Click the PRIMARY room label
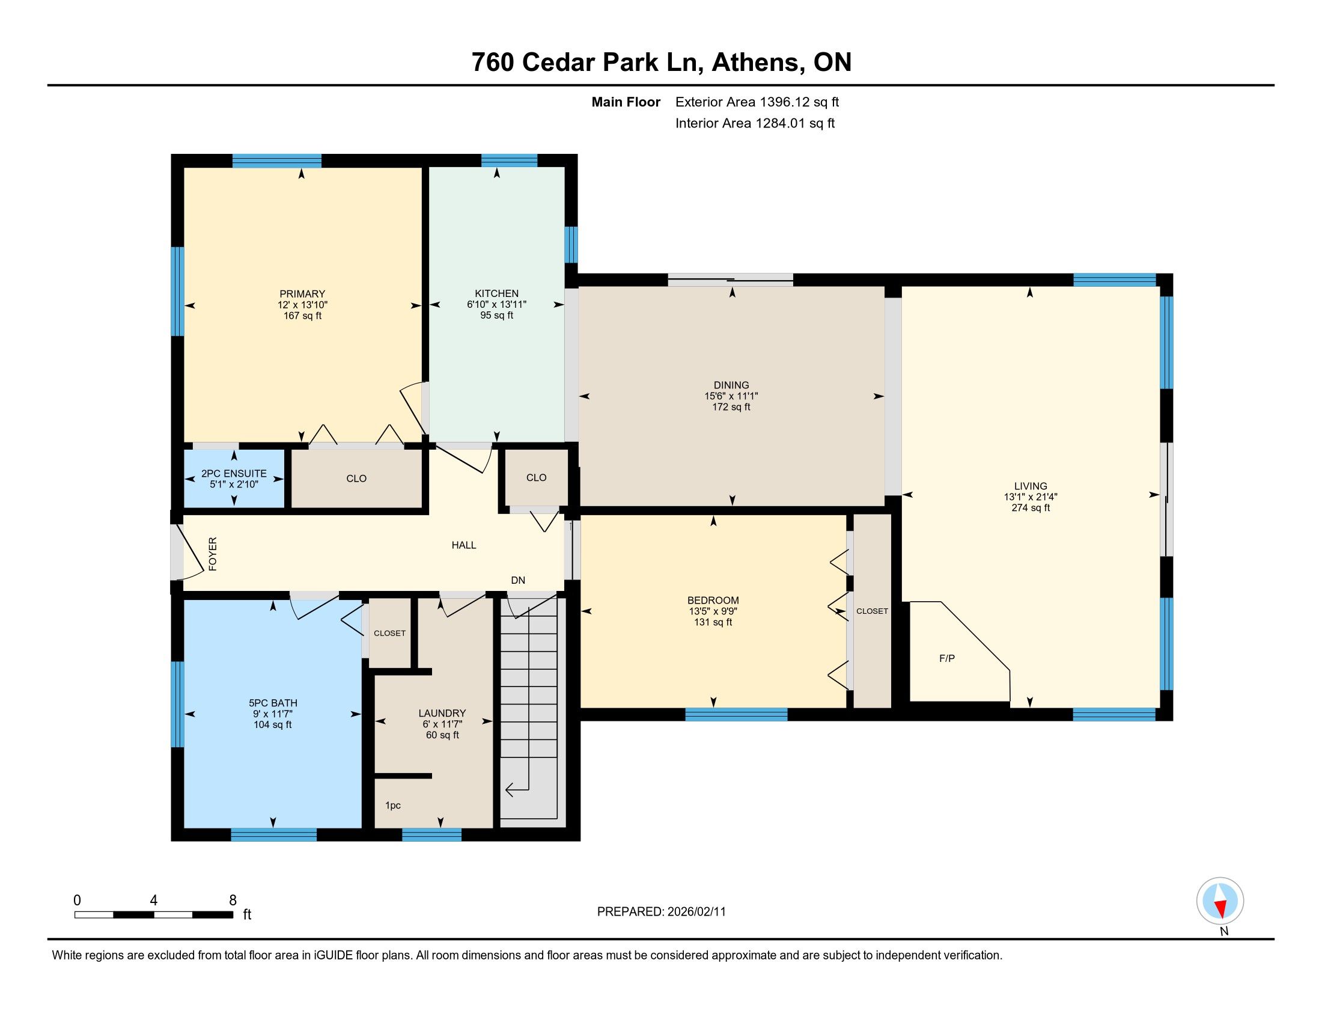tap(302, 293)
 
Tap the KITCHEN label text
tap(496, 293)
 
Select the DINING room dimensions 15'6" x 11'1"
tap(731, 396)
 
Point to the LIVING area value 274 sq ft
tap(1030, 508)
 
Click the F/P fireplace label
tap(946, 658)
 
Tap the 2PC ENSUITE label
tap(234, 474)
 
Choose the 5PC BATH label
tap(273, 703)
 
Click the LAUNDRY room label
tap(442, 713)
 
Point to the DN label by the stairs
tap(518, 580)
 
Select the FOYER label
tap(213, 553)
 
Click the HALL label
tap(464, 545)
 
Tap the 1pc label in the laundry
tap(393, 806)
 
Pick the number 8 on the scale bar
tap(233, 901)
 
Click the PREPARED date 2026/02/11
tap(695, 912)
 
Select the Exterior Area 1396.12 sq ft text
tap(757, 102)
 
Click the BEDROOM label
tap(713, 601)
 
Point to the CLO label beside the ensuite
tap(356, 479)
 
